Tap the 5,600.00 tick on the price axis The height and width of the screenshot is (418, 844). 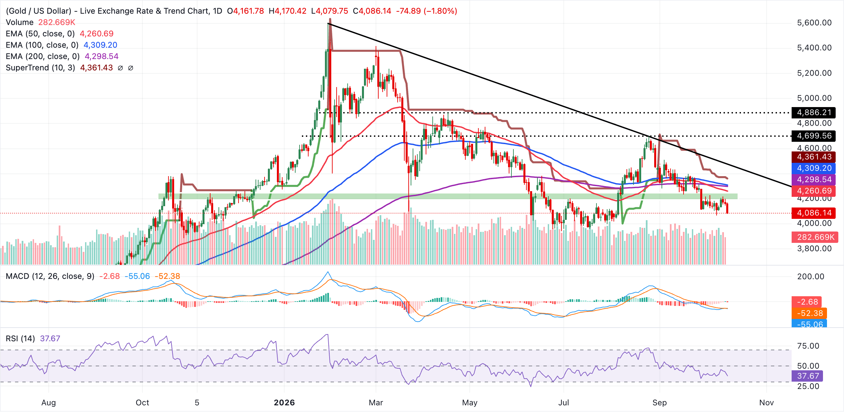click(x=814, y=23)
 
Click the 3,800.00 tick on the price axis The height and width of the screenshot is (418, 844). click(x=814, y=249)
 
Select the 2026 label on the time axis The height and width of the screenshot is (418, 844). click(x=284, y=403)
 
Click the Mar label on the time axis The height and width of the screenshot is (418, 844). click(x=376, y=403)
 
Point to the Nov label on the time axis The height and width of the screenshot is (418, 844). click(x=767, y=403)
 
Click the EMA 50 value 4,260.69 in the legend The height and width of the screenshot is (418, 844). click(x=97, y=34)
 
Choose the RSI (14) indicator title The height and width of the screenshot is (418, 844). click(x=20, y=339)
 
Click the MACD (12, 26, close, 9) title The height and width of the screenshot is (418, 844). click(x=50, y=276)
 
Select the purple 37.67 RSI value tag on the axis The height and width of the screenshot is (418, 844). click(x=807, y=376)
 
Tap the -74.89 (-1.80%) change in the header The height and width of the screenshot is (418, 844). click(x=427, y=11)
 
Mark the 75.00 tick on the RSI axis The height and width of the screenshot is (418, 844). click(x=808, y=346)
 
